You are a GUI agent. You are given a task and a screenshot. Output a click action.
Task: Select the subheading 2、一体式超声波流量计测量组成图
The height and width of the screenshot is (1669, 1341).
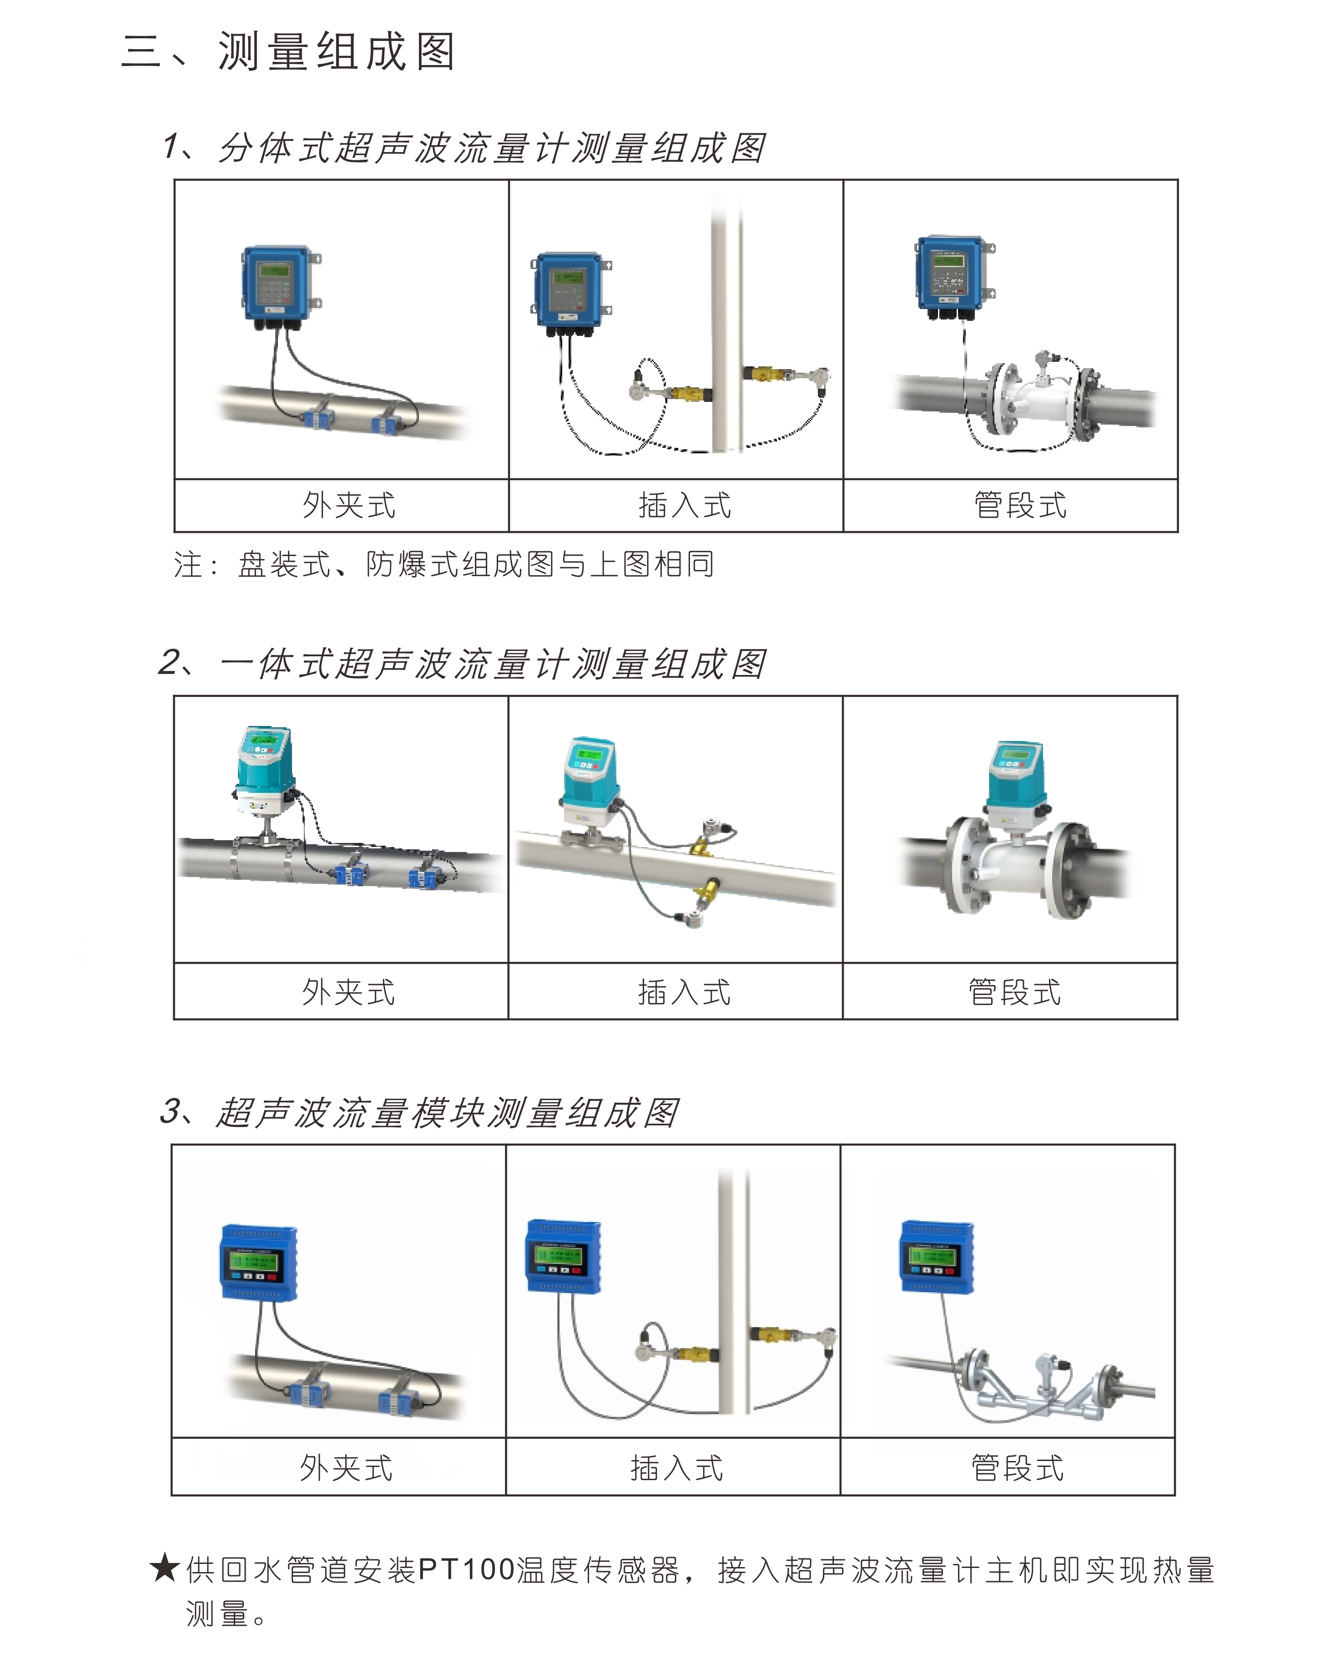(x=463, y=664)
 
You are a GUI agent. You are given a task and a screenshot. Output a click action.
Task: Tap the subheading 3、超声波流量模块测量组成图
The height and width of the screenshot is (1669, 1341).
(x=419, y=1112)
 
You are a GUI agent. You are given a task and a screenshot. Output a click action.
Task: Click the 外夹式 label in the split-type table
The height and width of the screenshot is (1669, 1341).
(x=349, y=506)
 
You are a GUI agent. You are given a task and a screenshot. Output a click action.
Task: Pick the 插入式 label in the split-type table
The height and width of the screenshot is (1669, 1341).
(x=685, y=506)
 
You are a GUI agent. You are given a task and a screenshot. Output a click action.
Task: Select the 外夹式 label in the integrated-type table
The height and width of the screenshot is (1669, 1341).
(x=349, y=992)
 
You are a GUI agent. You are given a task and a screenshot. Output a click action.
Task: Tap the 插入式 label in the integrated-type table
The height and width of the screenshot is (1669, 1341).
(x=685, y=992)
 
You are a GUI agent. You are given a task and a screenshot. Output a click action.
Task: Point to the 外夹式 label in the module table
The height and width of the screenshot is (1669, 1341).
(x=347, y=1468)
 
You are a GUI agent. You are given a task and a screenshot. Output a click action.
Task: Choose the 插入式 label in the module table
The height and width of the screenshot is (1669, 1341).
(x=677, y=1468)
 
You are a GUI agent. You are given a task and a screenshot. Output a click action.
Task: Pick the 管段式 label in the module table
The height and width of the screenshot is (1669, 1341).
(x=1018, y=1468)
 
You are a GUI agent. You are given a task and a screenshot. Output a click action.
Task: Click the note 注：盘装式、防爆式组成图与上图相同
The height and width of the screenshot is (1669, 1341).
(x=444, y=564)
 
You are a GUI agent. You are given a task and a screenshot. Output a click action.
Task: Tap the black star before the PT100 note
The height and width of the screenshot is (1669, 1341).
(x=164, y=1569)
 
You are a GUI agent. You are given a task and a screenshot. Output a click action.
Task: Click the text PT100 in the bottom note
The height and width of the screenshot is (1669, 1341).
(x=467, y=1570)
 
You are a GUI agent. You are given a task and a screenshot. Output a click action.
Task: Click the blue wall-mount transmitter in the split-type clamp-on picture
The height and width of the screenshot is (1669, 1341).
(x=278, y=284)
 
